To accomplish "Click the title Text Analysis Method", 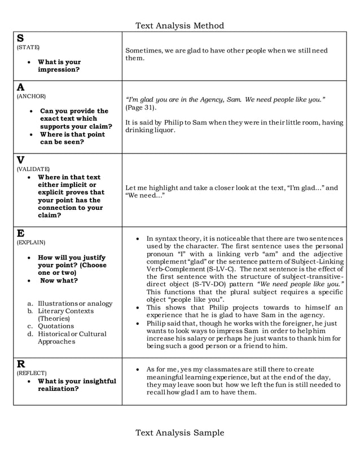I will [179, 25].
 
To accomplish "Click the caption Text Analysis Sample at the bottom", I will [179, 433].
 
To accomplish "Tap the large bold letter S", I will [20, 38].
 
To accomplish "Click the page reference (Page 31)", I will [141, 107].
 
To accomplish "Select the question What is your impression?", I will [59, 66].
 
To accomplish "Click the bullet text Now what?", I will [59, 280].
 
